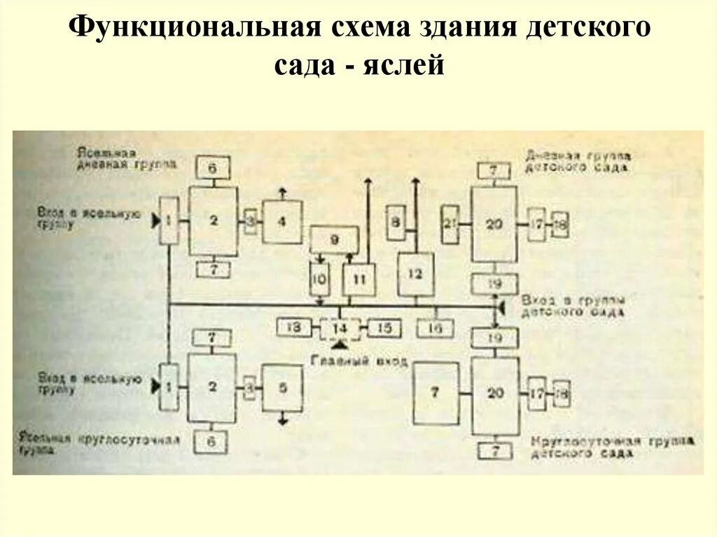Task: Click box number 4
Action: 282,222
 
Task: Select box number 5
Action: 282,387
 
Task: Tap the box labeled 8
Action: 396,223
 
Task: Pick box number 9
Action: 334,239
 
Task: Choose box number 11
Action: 358,279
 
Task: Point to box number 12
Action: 415,274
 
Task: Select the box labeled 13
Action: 293,327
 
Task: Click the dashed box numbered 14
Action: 340,328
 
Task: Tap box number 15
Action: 384,328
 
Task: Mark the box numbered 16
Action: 435,328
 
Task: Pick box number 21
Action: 449,224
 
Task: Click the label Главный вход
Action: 341,361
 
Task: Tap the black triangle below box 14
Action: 341,346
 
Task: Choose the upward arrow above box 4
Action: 282,192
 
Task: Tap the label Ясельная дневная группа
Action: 127,158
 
